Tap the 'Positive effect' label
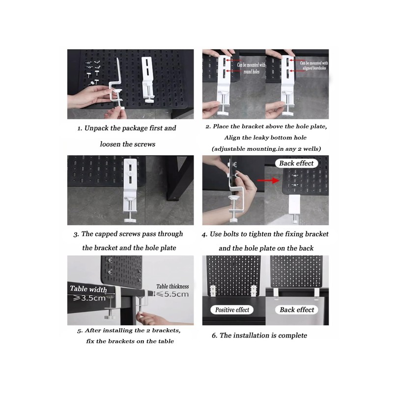click(232, 310)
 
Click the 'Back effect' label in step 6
click(297, 310)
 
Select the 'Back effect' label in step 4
click(297, 163)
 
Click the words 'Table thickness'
click(172, 286)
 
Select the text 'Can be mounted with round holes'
click(251, 68)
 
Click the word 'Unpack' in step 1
click(101, 128)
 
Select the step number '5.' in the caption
click(80, 330)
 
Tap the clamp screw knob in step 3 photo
click(129, 216)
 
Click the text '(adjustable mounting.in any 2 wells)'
click(264, 148)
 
